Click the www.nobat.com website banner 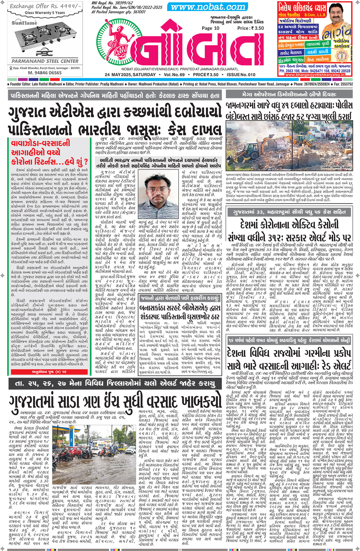[x=208, y=7]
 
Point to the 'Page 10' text [x=211, y=28]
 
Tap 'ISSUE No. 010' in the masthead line [x=241, y=75]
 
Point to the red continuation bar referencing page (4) [x=49, y=372]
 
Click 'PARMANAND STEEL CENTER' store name [x=45, y=61]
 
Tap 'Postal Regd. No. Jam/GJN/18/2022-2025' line [x=127, y=7]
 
